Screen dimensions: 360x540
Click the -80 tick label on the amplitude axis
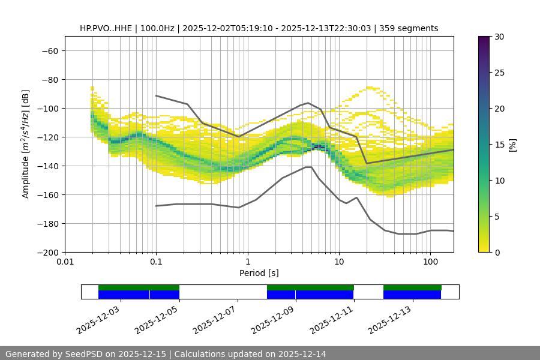[49, 79]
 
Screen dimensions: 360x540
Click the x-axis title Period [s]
[259, 273]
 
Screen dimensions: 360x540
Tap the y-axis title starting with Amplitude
[26, 144]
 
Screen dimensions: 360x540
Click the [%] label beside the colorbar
[512, 145]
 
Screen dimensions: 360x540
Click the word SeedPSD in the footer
[84, 354]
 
